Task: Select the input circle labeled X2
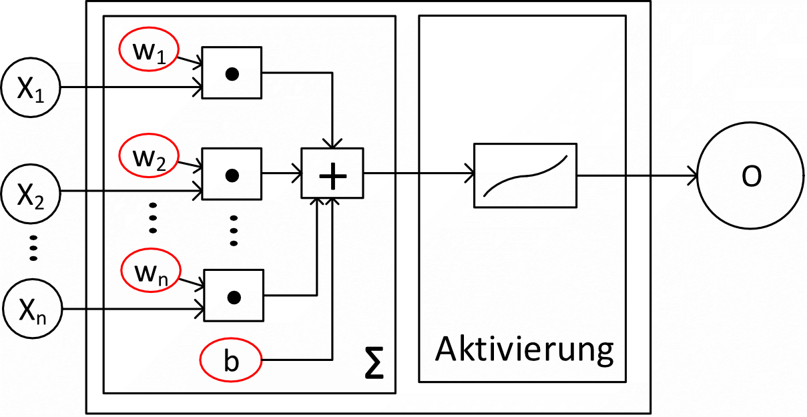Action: click(31, 193)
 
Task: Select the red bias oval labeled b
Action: click(230, 362)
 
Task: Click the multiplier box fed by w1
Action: click(232, 74)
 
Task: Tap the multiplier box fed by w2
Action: click(232, 175)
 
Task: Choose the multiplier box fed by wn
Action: click(232, 296)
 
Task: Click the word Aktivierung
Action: click(524, 348)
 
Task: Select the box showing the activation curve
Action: click(525, 176)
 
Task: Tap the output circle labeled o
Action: click(751, 177)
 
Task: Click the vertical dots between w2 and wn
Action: click(152, 217)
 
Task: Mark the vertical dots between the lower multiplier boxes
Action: click(234, 231)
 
